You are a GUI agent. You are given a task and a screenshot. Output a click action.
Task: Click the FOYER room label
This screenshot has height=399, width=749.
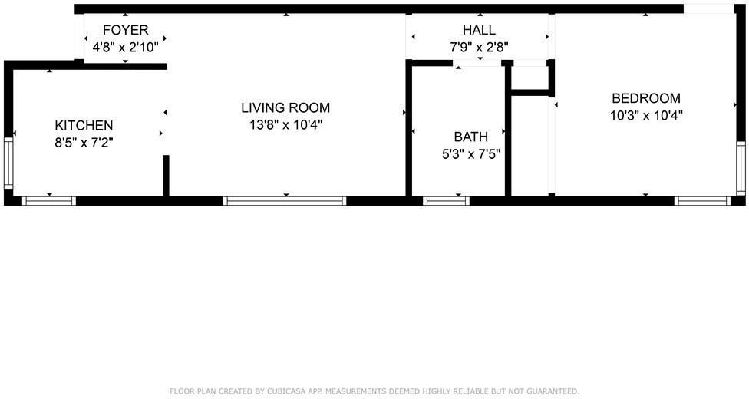point(125,31)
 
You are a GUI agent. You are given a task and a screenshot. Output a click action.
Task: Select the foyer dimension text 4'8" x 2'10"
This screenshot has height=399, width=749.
point(125,46)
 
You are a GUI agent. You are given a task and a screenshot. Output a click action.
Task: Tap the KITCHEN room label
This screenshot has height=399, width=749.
point(84,125)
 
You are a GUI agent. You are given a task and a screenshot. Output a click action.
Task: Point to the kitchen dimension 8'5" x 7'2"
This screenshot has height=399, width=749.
point(84,141)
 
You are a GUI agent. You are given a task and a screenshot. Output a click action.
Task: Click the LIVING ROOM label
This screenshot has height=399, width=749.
point(285,108)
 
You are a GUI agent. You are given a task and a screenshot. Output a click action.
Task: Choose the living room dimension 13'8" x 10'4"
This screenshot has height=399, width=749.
point(285,124)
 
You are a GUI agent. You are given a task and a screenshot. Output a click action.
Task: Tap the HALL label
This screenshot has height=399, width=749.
point(479,30)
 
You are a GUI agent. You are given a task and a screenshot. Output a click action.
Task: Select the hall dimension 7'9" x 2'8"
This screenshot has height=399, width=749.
point(479,47)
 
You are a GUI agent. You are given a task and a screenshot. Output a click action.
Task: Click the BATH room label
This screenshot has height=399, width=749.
point(470,137)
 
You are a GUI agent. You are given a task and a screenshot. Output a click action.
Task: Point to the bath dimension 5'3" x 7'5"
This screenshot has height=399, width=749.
point(470,153)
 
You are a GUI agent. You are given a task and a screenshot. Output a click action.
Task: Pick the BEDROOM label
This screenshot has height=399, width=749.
point(645,98)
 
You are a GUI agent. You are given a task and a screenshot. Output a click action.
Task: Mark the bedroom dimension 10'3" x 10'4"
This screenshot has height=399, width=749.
point(645,115)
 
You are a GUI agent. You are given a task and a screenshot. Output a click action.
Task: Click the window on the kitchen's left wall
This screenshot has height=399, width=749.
point(8,163)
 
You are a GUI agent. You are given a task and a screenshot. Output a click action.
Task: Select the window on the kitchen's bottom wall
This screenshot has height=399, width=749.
point(49,201)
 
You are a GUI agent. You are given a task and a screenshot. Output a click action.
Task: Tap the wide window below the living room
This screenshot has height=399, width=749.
point(285,201)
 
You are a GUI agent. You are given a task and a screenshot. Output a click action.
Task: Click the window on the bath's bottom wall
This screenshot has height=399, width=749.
point(446,201)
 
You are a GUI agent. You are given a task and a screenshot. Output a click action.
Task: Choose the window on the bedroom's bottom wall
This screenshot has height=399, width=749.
point(702,201)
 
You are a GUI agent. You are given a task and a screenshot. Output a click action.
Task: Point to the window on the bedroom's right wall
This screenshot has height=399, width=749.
point(741,167)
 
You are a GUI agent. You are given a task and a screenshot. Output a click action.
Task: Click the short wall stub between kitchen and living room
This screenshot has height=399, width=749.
point(166,176)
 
